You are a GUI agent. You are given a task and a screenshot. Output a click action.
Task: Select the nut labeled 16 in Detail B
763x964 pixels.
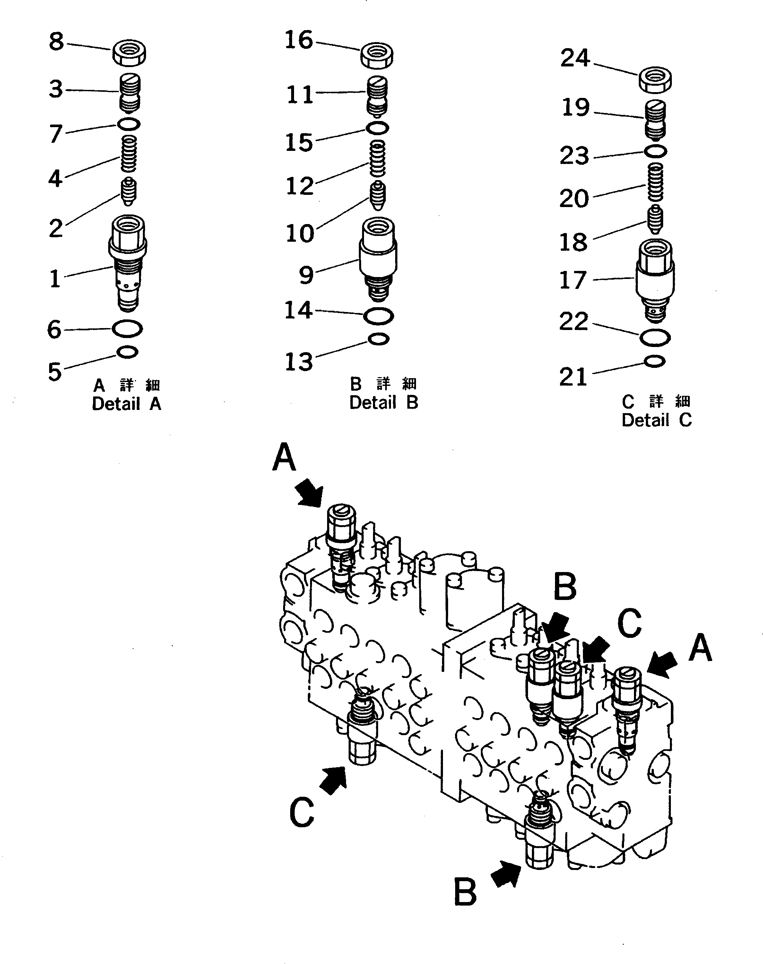pos(377,56)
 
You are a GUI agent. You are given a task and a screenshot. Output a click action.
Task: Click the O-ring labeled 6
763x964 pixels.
pos(127,329)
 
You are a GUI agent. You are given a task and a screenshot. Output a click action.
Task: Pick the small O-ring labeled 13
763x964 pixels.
pos(378,340)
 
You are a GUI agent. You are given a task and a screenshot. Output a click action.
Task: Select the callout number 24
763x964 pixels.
pos(575,58)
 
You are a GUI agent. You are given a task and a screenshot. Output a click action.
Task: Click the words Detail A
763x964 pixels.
pos(126,404)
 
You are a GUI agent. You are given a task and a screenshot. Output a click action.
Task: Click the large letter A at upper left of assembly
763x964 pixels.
pos(284,457)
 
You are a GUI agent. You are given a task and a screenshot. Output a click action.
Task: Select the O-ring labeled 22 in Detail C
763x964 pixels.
pos(655,338)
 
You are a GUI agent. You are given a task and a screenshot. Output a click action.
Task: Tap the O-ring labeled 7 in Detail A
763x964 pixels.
pos(129,124)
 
